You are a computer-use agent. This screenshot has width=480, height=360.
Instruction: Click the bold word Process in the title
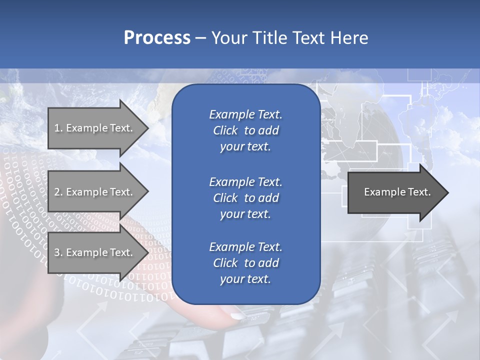[x=157, y=38]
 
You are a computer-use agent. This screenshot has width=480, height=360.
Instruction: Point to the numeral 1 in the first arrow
[x=57, y=128]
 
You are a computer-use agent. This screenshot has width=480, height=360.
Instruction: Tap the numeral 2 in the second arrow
[x=57, y=192]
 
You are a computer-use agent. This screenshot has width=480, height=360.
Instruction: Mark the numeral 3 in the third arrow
[x=57, y=252]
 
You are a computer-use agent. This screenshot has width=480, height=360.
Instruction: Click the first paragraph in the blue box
[x=245, y=130]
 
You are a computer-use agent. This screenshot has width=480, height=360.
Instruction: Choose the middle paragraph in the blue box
[x=245, y=197]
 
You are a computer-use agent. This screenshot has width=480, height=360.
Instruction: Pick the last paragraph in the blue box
[x=245, y=263]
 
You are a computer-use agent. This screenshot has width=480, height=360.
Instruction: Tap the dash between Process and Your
[x=200, y=38]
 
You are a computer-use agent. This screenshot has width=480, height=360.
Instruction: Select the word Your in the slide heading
[x=228, y=38]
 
